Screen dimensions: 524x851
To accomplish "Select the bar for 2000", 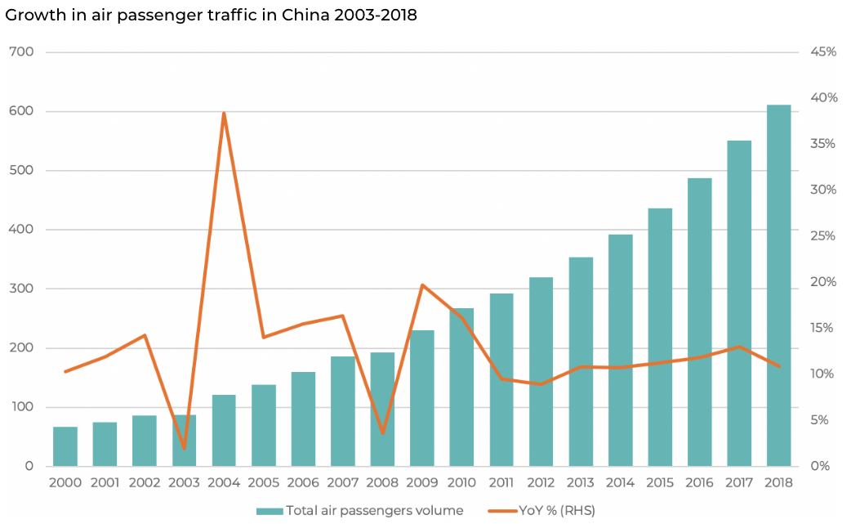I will [x=65, y=446].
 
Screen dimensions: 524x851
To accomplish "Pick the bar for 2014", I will [x=620, y=351].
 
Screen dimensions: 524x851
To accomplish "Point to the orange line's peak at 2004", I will [x=224, y=113].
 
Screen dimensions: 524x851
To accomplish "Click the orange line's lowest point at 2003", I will [x=185, y=449].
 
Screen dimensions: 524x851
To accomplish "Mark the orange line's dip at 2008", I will [x=382, y=433].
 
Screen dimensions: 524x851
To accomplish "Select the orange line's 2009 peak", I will [x=421, y=284].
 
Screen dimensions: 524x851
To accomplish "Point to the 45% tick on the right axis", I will [x=823, y=52].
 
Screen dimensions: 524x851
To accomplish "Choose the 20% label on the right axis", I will [x=823, y=282].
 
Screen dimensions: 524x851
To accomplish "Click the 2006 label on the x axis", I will [x=303, y=482].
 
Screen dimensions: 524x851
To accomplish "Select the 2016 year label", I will [x=699, y=482].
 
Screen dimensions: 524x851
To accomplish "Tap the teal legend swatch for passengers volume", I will [x=269, y=511].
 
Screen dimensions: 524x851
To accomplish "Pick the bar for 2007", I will [x=342, y=411].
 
